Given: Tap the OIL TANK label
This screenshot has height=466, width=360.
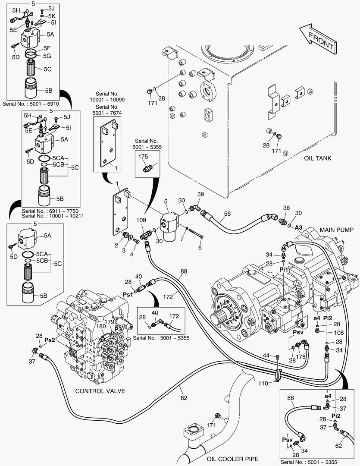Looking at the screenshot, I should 317,158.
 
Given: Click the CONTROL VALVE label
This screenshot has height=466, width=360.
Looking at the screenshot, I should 100,391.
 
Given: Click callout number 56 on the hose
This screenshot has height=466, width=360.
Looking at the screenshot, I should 228,214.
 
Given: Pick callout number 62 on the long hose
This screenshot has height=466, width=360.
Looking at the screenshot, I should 184,398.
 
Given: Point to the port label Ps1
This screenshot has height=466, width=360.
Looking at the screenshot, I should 128,294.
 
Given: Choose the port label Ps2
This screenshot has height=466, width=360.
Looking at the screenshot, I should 50,340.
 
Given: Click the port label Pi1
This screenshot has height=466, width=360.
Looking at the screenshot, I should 283,269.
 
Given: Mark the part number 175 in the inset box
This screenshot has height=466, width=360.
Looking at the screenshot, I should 143,157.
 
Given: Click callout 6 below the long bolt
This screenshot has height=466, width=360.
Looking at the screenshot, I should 200,248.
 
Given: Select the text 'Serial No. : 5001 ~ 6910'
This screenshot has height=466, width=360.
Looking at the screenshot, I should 31,104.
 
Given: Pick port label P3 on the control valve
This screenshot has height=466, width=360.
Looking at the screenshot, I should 119,329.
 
